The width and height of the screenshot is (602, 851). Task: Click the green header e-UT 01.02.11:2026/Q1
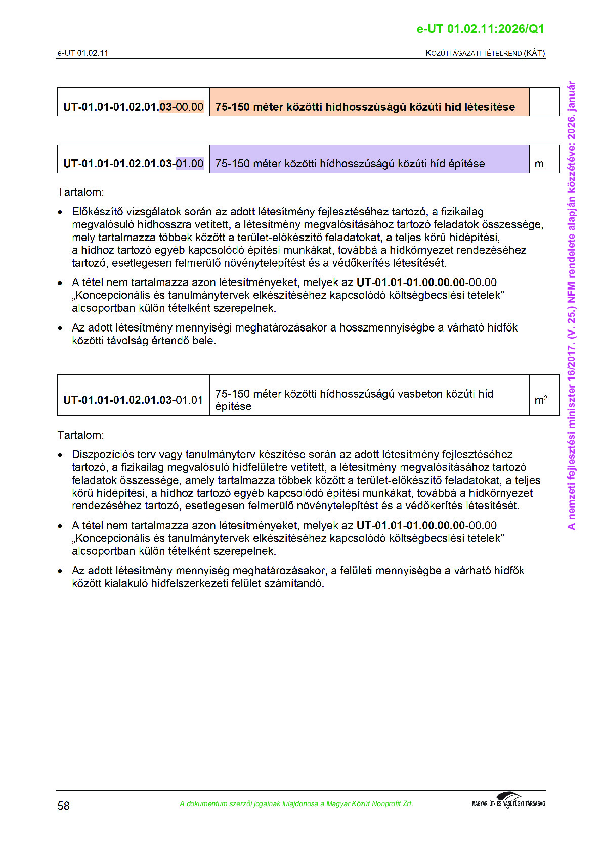click(x=480, y=29)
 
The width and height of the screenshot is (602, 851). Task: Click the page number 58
click(x=63, y=806)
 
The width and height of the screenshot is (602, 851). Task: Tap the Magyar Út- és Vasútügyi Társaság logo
click(x=508, y=801)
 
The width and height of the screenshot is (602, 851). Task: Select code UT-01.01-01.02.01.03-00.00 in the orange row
click(x=133, y=107)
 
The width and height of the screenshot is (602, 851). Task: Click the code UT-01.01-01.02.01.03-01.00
click(x=133, y=163)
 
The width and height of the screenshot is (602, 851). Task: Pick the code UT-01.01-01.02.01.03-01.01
click(x=133, y=400)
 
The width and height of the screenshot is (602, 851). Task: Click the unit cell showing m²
click(x=541, y=400)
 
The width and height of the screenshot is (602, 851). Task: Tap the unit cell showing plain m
click(x=539, y=163)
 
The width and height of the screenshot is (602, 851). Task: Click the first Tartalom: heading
click(x=81, y=192)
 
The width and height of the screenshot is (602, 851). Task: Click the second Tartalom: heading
click(x=81, y=435)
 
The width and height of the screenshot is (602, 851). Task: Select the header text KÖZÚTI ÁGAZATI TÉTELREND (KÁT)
click(x=485, y=53)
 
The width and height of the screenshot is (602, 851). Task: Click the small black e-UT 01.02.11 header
click(x=82, y=53)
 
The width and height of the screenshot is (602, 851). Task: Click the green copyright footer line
click(x=296, y=803)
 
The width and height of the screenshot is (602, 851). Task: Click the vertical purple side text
click(x=571, y=305)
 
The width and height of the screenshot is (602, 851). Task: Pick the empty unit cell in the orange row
click(x=544, y=102)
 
